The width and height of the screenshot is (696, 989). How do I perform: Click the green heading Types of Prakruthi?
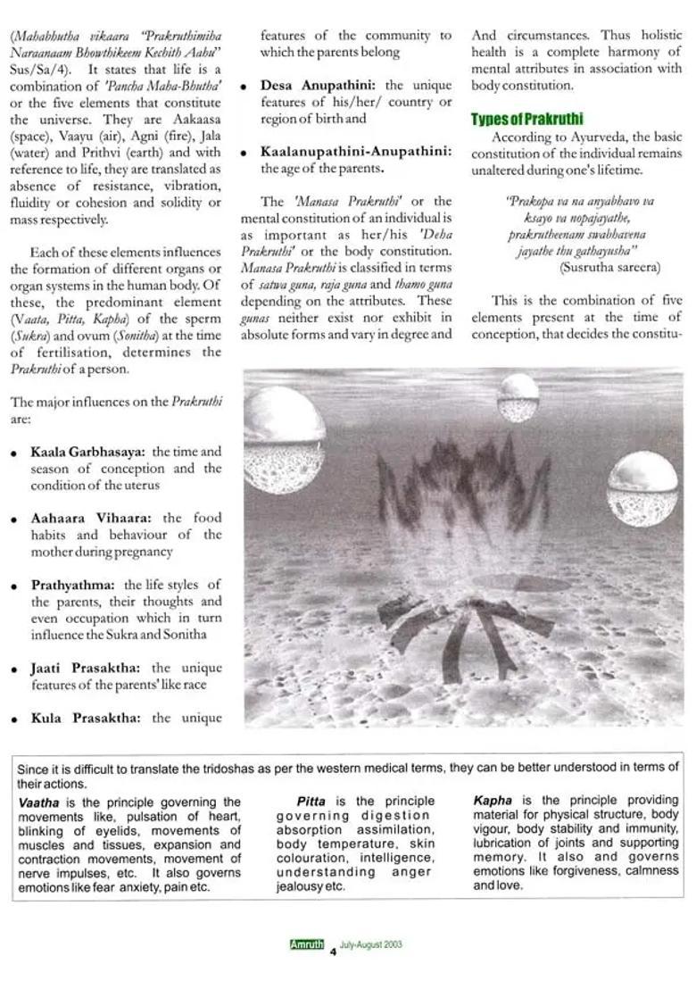[x=527, y=120]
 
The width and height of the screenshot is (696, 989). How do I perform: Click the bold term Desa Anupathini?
[x=319, y=86]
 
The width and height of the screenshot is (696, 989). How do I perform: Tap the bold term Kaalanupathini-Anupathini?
[x=356, y=152]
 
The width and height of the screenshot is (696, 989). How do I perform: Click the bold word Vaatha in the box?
[x=38, y=802]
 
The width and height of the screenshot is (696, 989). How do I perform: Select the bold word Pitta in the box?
[x=311, y=801]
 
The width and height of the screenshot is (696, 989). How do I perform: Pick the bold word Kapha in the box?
[x=491, y=800]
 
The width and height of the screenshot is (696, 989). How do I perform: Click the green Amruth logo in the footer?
[x=306, y=945]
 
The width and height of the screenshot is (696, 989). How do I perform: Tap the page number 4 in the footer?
[x=332, y=951]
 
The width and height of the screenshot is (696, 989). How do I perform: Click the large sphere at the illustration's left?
[x=283, y=434]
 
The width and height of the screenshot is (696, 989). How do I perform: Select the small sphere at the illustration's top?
[x=518, y=398]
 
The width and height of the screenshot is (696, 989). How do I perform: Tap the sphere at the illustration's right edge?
[x=642, y=487]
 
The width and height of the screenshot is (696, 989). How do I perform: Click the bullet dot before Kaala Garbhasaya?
[x=14, y=453]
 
